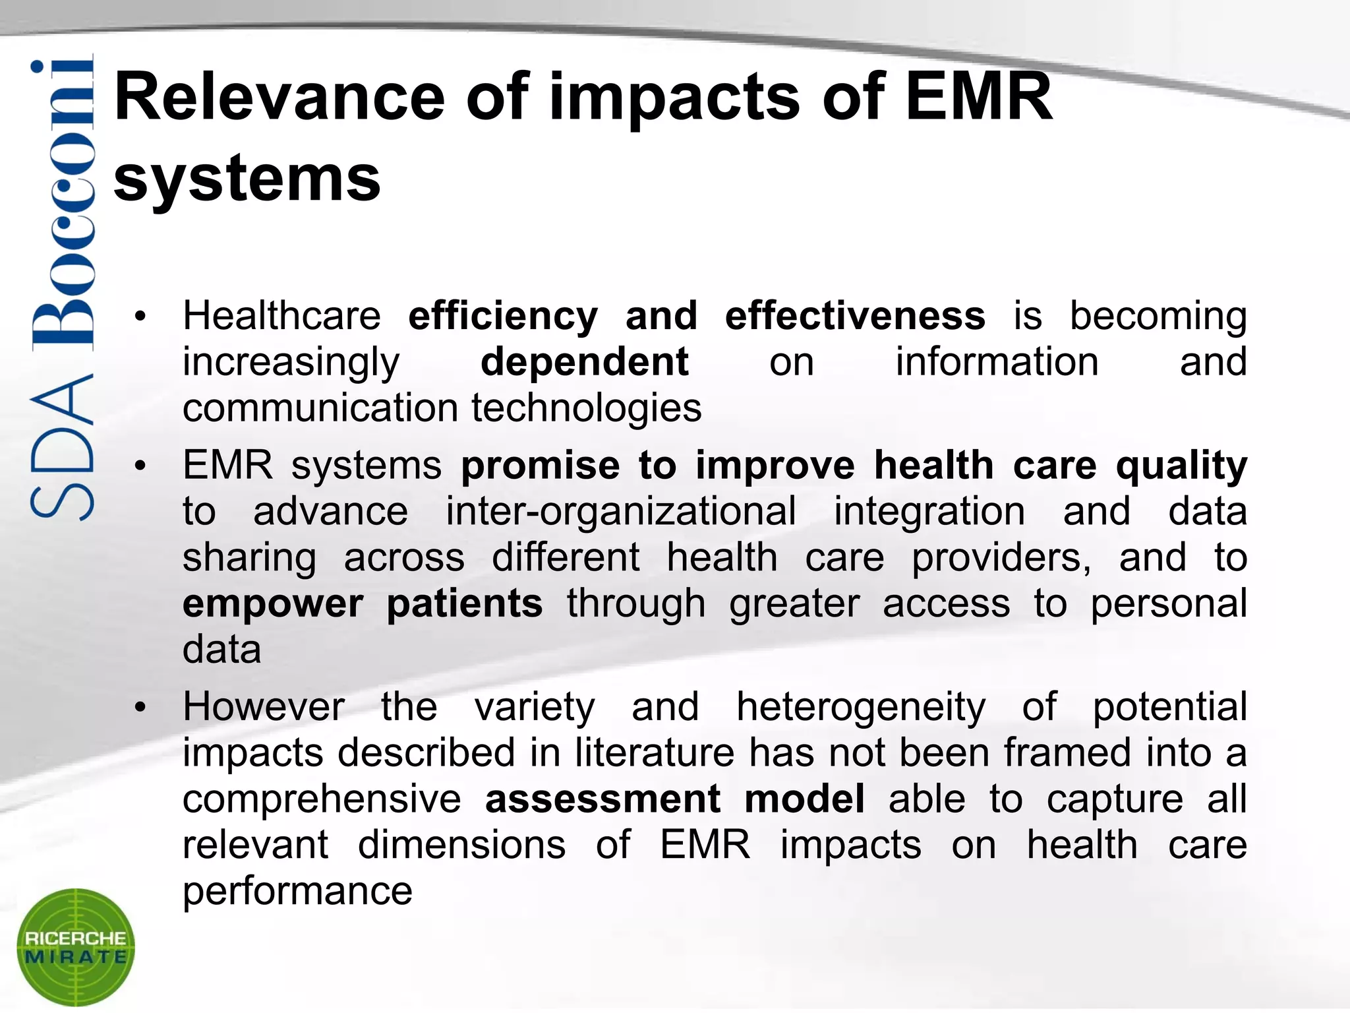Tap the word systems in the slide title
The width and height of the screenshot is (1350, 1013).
[x=247, y=179]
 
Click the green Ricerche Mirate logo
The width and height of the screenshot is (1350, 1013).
[x=75, y=946]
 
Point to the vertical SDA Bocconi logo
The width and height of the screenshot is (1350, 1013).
[x=62, y=290]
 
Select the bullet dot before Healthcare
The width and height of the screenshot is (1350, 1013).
[x=139, y=317]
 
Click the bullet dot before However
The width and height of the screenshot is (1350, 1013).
[x=139, y=708]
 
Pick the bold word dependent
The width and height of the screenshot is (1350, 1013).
[x=584, y=362]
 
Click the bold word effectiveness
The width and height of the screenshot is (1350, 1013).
[x=855, y=316]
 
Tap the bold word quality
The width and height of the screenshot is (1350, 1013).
[x=1181, y=466]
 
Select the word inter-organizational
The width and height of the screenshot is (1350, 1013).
[x=620, y=511]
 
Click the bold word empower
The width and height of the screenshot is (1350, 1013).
[x=272, y=603]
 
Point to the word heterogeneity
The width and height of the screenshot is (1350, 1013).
[x=861, y=706]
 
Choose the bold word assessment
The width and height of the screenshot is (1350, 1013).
[x=602, y=799]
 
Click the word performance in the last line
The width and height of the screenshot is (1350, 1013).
[x=297, y=891]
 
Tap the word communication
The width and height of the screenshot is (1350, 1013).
[x=321, y=408]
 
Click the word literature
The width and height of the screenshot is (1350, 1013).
[x=655, y=752]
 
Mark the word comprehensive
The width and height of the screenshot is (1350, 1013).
[x=322, y=799]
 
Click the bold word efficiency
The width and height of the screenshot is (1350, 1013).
[x=503, y=316]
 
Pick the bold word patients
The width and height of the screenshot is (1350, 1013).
[x=464, y=603]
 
